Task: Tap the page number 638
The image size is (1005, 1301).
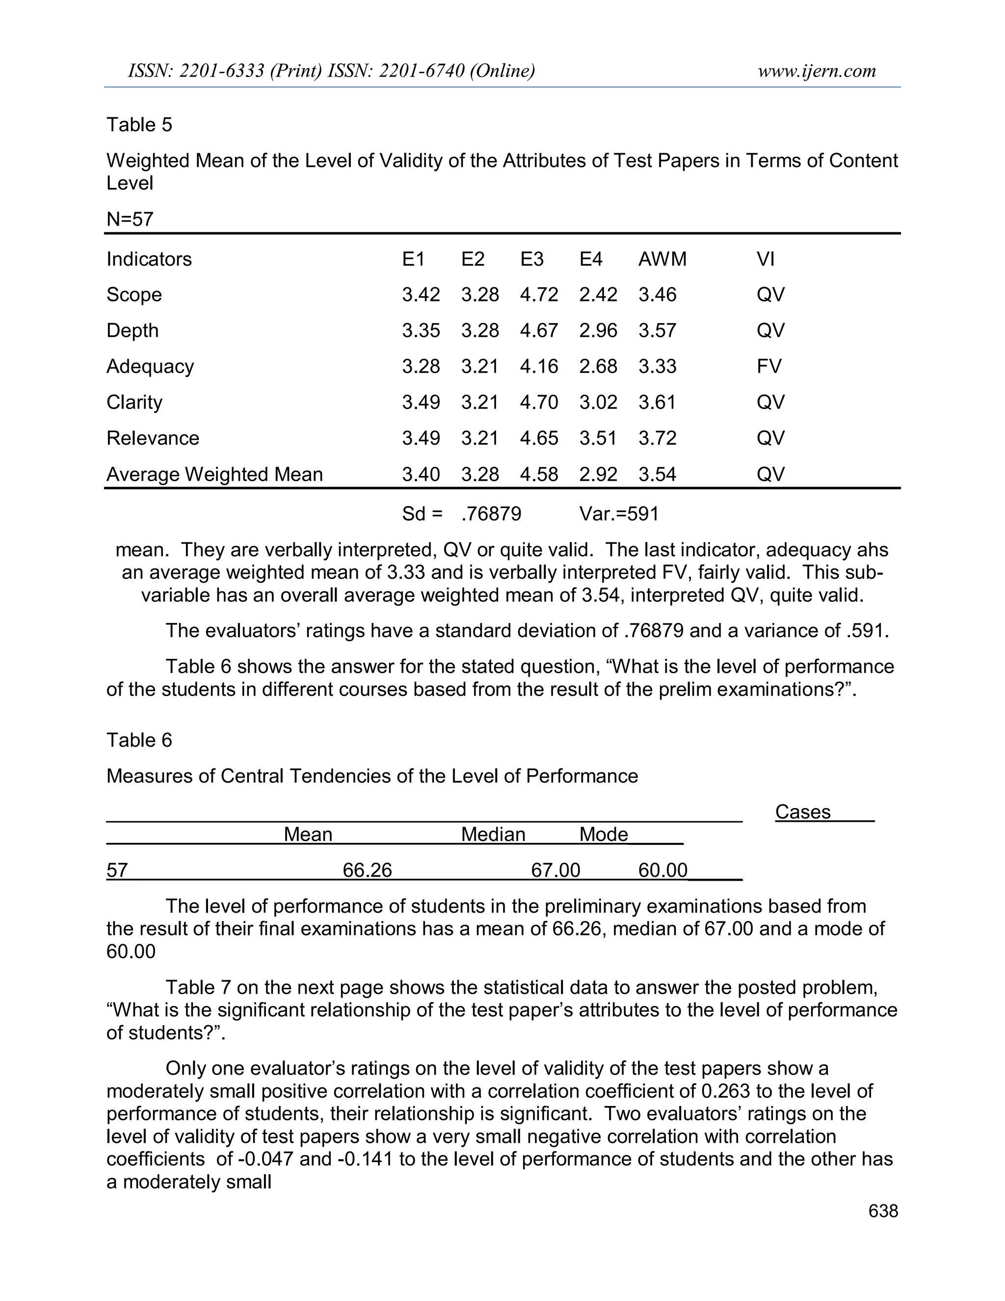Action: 883,1211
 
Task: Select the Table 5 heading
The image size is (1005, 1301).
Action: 139,125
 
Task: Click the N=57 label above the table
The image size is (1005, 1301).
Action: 130,219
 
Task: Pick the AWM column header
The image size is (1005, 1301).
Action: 662,259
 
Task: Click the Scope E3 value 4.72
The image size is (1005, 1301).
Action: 539,295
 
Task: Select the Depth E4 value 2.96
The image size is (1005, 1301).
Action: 598,330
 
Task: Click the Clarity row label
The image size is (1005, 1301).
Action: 134,402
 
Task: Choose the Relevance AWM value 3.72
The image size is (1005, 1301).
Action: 657,438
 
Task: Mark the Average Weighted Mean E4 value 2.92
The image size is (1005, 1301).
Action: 598,474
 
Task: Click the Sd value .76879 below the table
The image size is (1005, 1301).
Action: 491,514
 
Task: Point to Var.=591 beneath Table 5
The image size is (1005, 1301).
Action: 619,514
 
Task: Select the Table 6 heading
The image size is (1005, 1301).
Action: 139,740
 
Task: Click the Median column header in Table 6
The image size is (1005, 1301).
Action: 493,835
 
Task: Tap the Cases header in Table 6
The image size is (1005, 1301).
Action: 802,812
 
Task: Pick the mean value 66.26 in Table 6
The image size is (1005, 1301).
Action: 368,870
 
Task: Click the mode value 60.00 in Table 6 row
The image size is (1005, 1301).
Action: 662,870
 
